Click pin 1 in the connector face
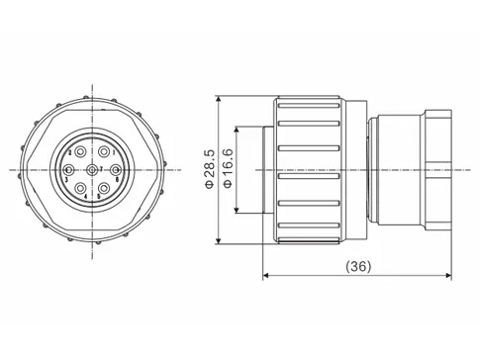click(104, 151)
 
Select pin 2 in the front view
click(80, 151)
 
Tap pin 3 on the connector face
click(68, 169)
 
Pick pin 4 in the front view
click(80, 188)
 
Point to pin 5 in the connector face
click(104, 188)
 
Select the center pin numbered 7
click(92, 169)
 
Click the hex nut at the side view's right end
click(435, 170)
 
